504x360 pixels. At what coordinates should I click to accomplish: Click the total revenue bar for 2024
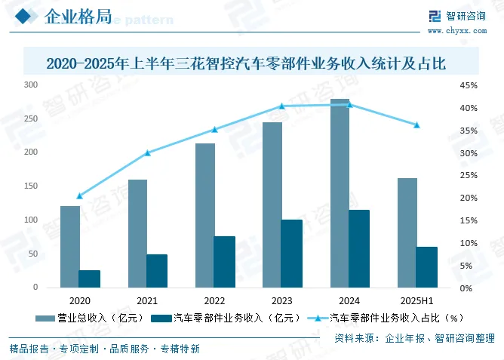[x=339, y=193]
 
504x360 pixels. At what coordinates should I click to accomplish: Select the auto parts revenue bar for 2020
[x=90, y=278]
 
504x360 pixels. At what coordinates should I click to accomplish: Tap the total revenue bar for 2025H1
[x=407, y=232]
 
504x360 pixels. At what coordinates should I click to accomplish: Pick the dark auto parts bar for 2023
[x=291, y=254]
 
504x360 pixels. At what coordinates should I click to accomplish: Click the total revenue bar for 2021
[x=137, y=233]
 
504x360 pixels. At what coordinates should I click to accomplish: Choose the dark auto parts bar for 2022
[x=224, y=262]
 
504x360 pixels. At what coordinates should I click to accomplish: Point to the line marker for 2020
[x=80, y=196]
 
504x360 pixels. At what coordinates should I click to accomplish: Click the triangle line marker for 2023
[x=282, y=106]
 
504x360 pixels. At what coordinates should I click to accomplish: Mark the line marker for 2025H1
[x=416, y=125]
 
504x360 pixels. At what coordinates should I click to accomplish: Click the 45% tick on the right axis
[x=469, y=85]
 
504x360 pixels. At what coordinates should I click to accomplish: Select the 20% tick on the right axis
[x=469, y=198]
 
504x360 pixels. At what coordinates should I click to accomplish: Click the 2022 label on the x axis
[x=215, y=300]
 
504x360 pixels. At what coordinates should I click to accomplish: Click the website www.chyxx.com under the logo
[x=457, y=31]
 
